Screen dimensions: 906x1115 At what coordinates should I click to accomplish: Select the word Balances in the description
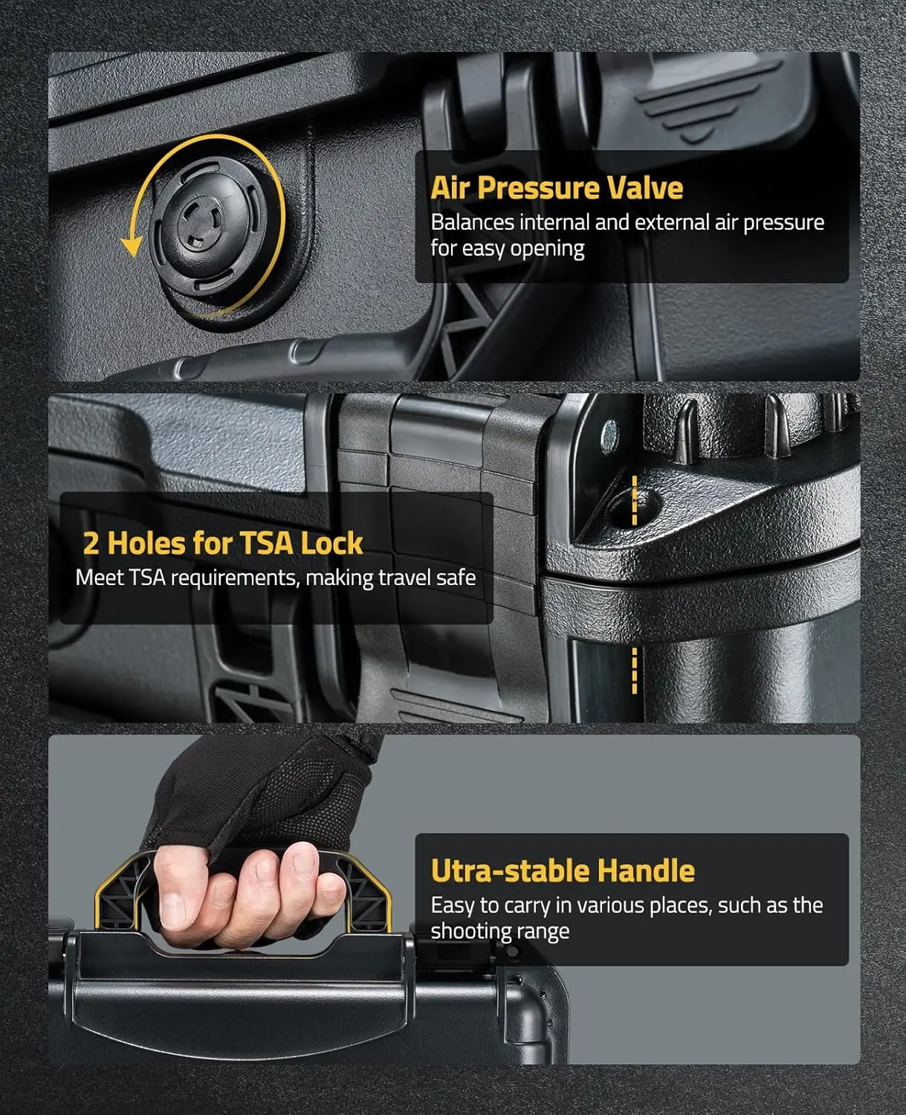coord(472,222)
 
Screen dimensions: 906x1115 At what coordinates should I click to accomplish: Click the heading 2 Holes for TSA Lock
coord(222,543)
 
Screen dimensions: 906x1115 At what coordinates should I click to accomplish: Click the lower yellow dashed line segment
coord(635,670)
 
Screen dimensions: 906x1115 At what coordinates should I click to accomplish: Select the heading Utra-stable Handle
coord(563,870)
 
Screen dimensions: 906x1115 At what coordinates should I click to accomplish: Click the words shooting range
coord(500,931)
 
